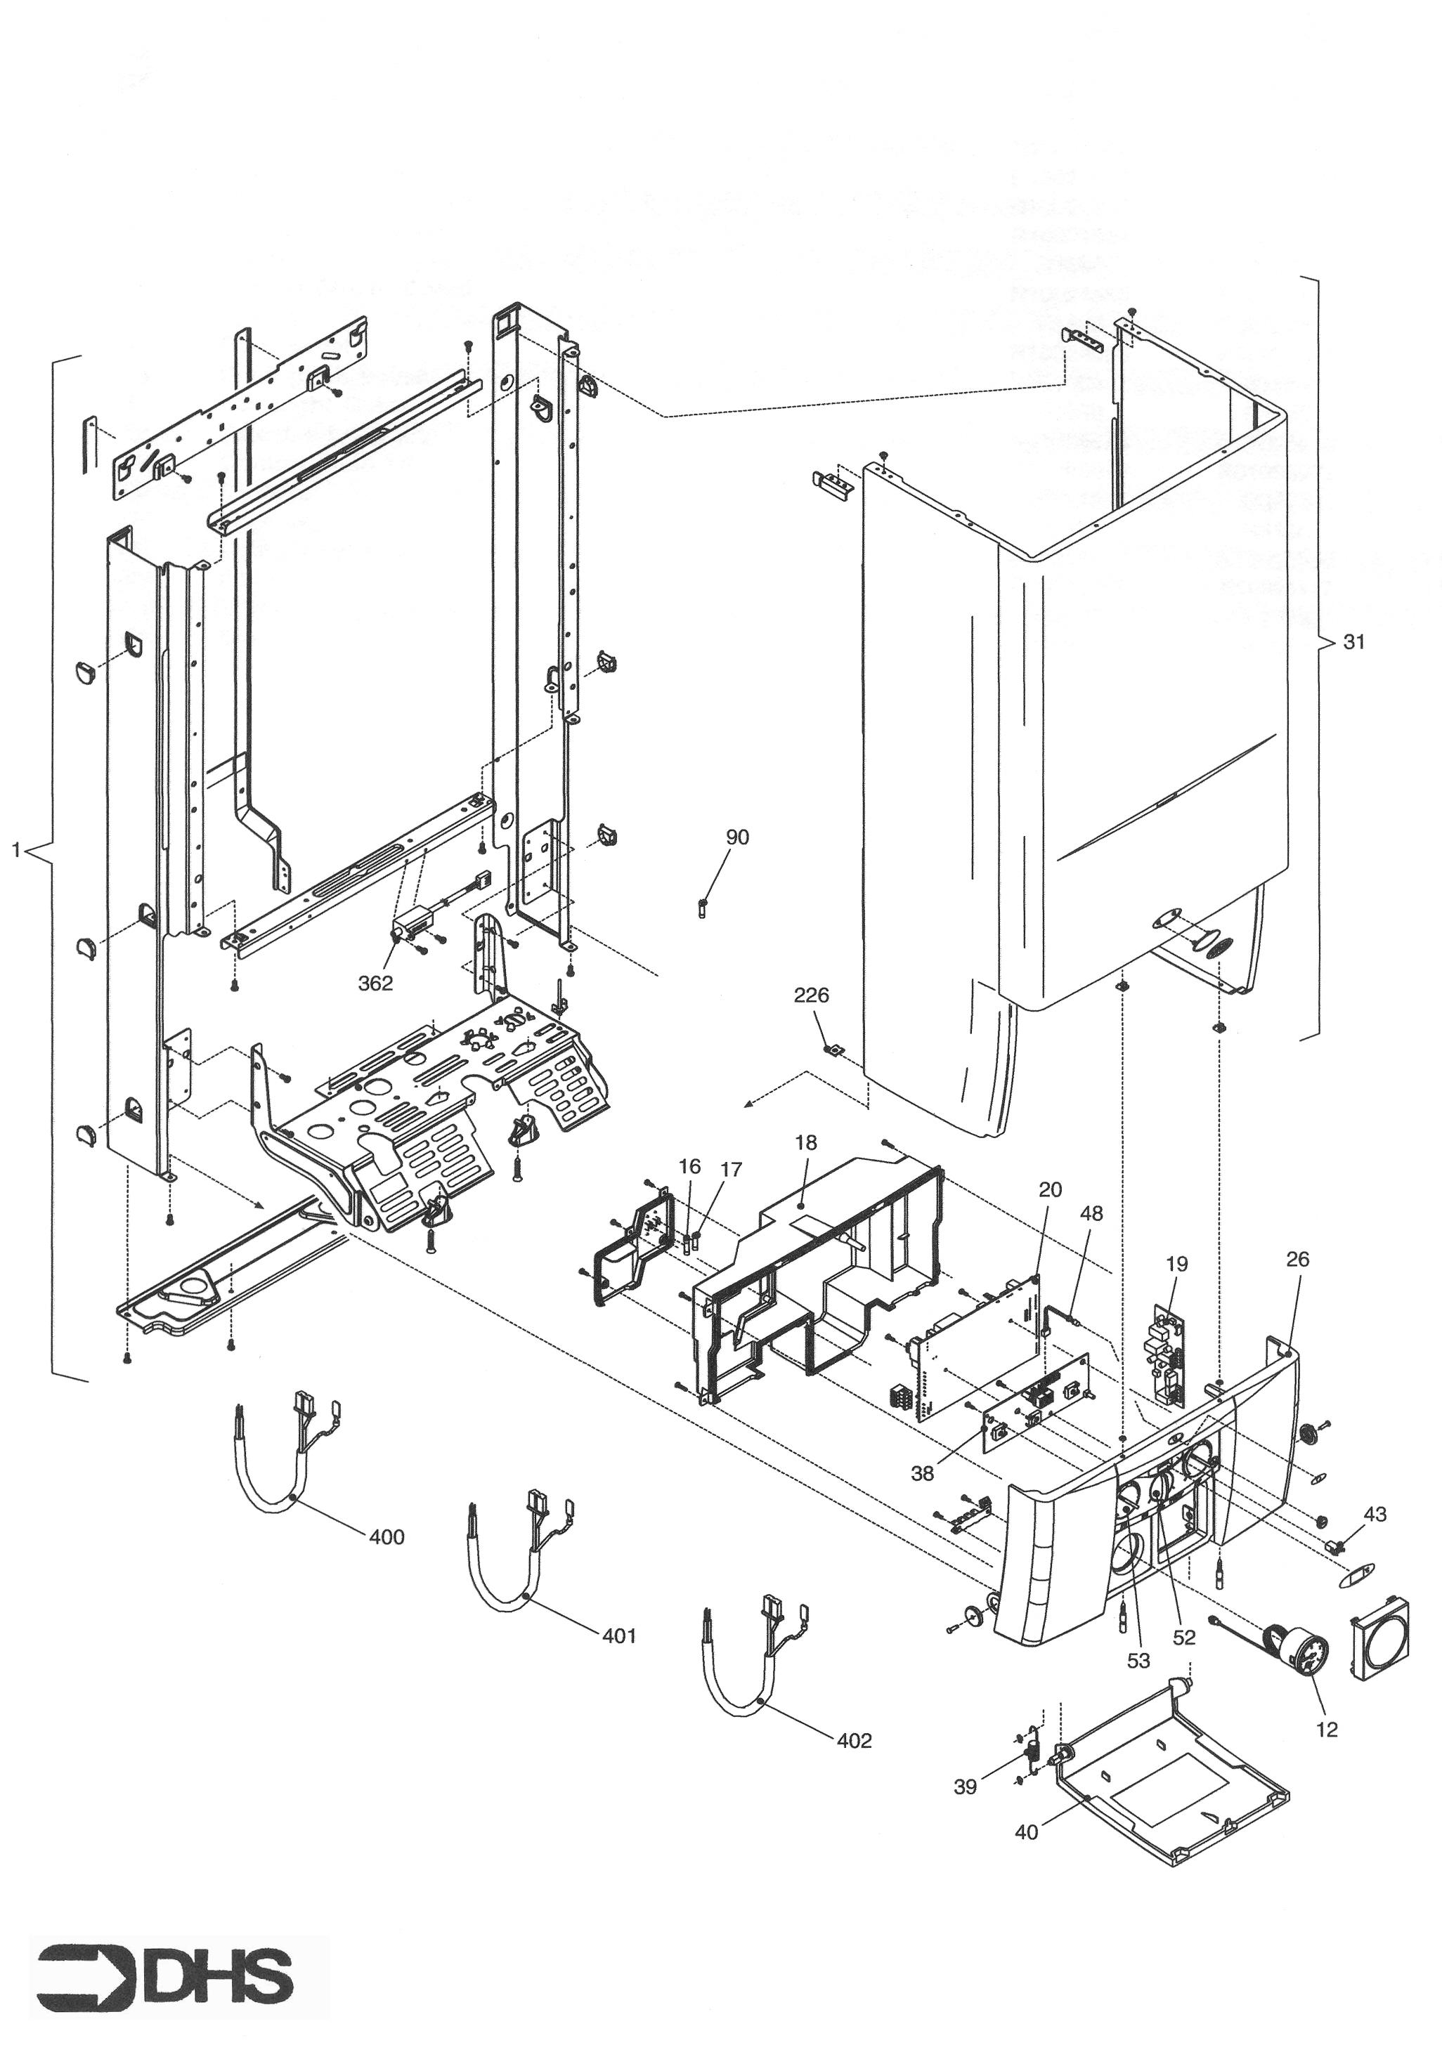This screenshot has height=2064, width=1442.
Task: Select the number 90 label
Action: [x=736, y=837]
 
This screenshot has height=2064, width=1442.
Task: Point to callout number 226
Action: [x=811, y=995]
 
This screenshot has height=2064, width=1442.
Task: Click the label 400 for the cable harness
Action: [x=387, y=1536]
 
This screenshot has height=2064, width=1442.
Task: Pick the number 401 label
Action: [x=618, y=1635]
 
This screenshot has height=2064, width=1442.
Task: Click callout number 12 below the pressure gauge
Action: [x=1326, y=1729]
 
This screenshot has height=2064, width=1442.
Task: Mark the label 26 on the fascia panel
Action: [x=1297, y=1260]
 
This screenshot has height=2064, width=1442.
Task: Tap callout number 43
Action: [x=1375, y=1515]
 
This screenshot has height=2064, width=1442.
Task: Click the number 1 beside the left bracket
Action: [x=15, y=849]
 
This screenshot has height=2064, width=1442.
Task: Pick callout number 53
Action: [x=1138, y=1660]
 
